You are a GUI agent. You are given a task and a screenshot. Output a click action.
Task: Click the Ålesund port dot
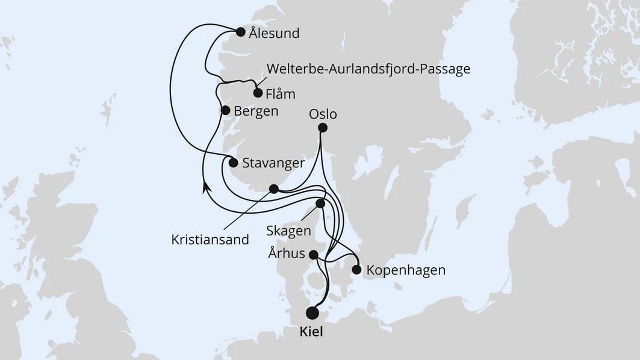240,32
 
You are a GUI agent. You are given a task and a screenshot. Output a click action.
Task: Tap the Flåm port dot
258,93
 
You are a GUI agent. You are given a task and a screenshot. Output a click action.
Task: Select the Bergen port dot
225,110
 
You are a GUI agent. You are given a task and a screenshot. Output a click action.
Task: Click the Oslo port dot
323,128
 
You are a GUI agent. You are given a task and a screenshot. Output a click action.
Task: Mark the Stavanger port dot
234,162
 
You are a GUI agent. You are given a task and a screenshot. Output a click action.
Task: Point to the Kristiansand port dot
274,189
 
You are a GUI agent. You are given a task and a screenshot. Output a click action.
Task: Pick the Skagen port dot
320,203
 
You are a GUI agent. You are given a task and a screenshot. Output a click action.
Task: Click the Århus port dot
314,255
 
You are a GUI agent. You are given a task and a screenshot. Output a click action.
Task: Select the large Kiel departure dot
312,313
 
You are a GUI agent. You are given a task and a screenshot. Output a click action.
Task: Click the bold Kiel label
312,332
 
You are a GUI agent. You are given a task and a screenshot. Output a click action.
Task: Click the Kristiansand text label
209,240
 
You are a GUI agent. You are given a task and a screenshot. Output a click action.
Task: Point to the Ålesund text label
274,33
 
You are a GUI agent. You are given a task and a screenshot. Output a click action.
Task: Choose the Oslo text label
323,114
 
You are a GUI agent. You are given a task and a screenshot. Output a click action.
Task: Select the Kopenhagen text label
405,270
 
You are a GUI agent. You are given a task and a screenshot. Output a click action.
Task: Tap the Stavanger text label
272,163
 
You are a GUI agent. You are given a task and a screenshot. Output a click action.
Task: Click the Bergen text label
256,111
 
